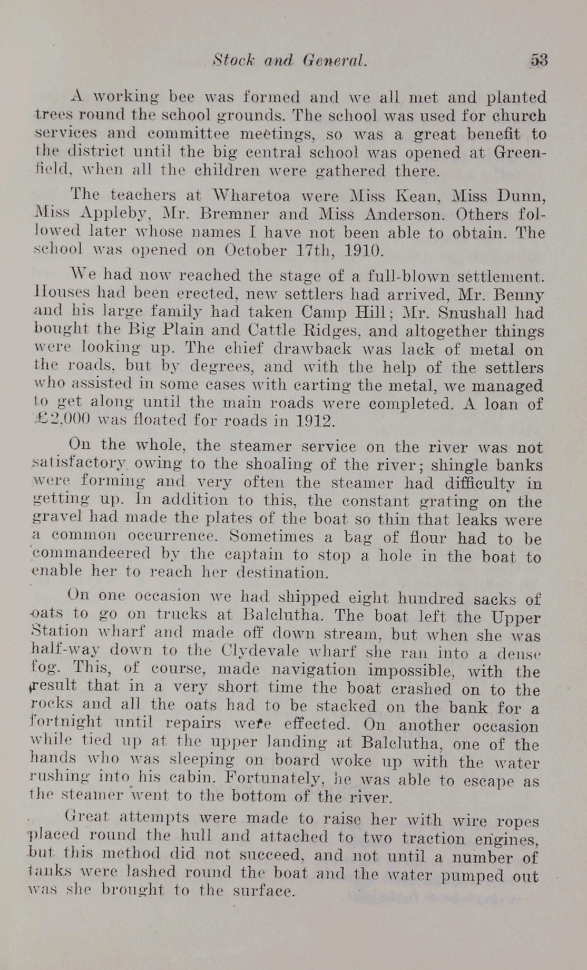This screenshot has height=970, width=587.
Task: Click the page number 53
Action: (x=539, y=60)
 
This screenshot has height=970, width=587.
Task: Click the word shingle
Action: (x=452, y=465)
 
